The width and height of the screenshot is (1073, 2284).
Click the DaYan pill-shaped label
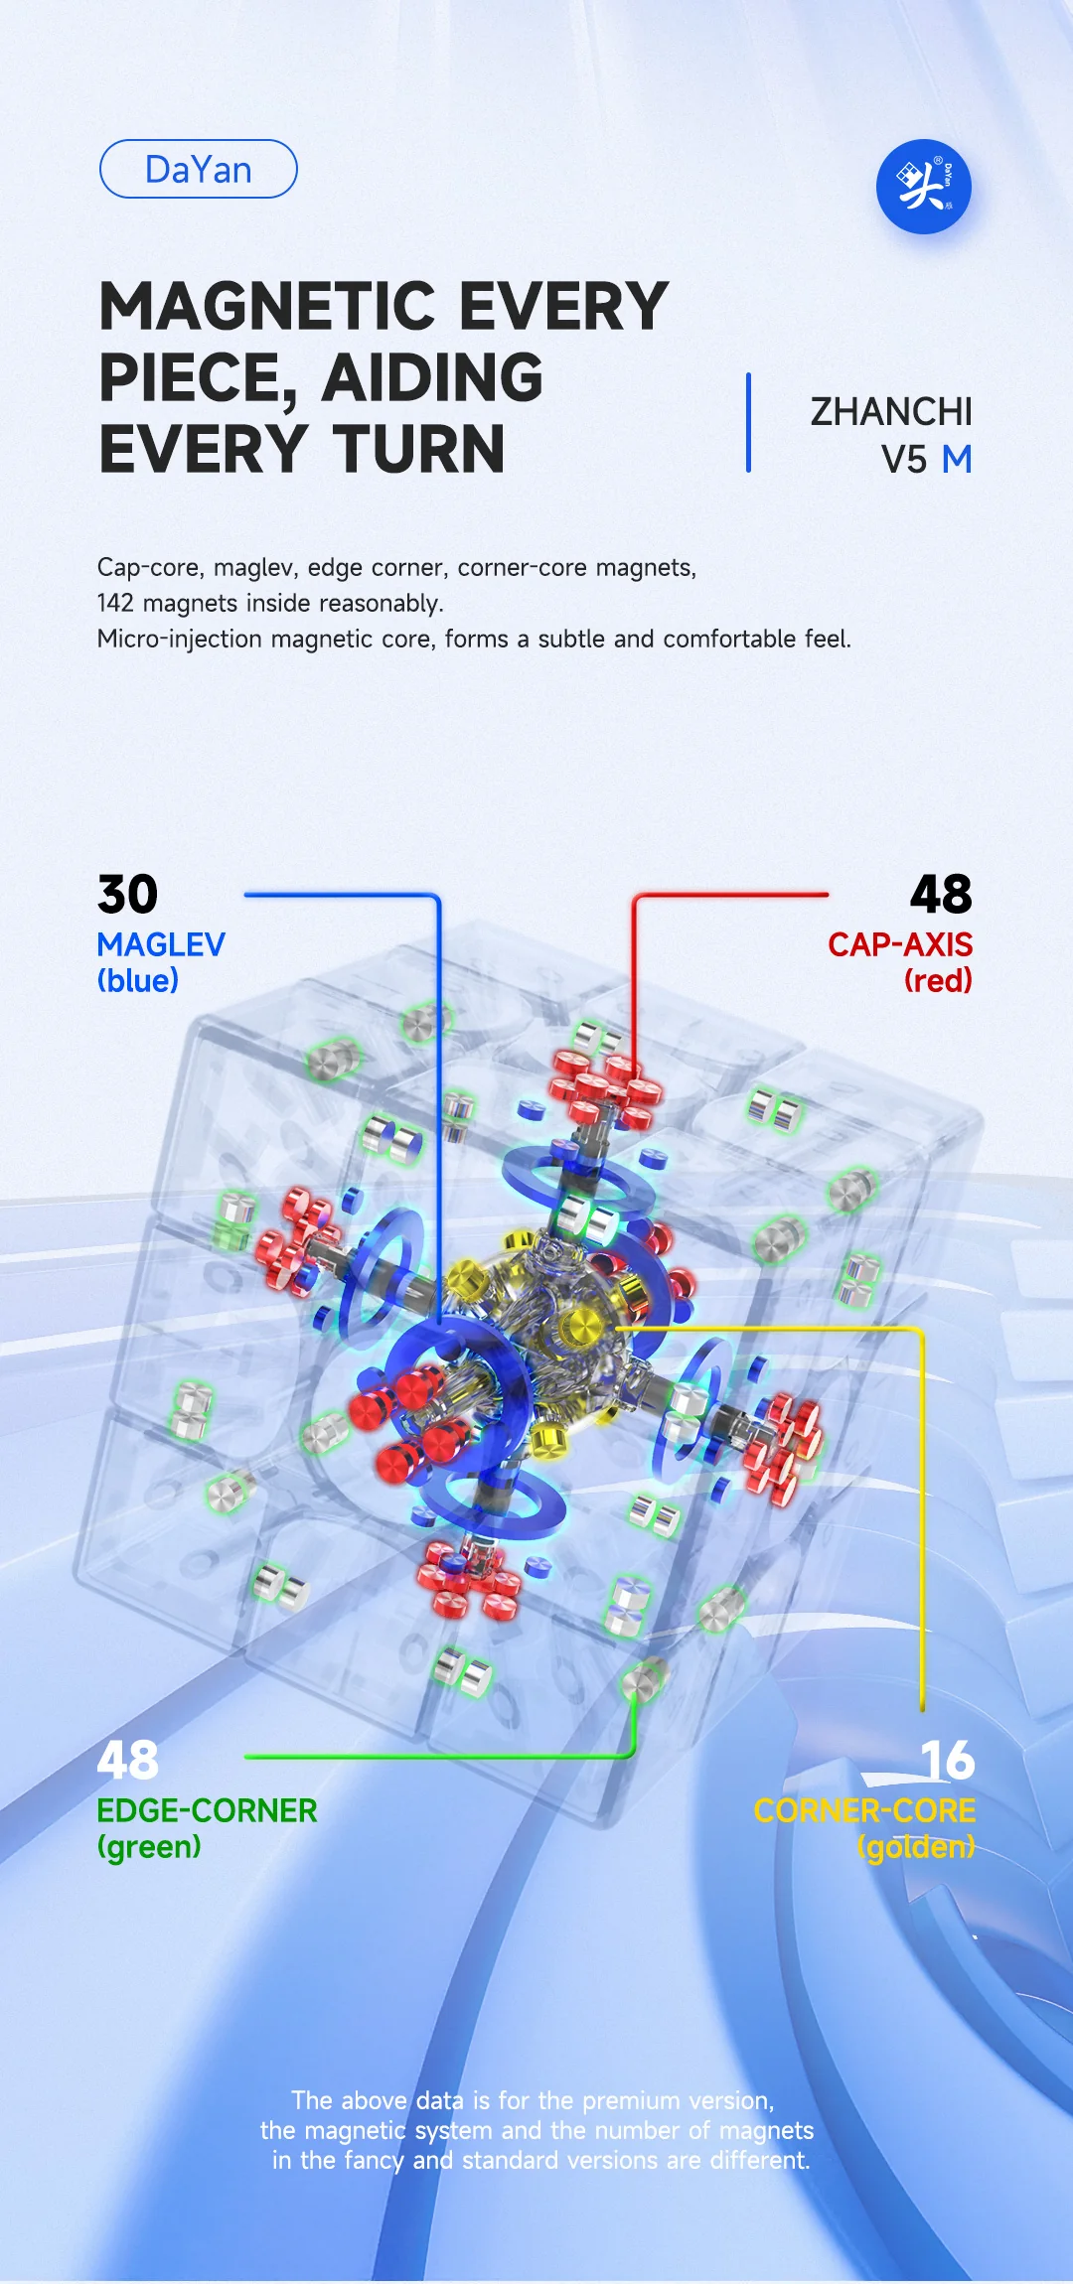pyautogui.click(x=199, y=169)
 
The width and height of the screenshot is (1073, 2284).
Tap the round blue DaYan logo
pyautogui.click(x=923, y=187)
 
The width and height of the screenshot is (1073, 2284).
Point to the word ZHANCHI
pyautogui.click(x=891, y=411)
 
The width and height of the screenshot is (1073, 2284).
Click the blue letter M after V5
pyautogui.click(x=957, y=460)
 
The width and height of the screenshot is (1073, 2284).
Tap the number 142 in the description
pyautogui.click(x=115, y=603)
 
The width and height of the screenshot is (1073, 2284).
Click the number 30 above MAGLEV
pyautogui.click(x=128, y=895)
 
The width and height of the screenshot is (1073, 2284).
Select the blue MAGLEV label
pyautogui.click(x=161, y=944)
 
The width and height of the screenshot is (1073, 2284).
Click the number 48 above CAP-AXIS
pyautogui.click(x=941, y=895)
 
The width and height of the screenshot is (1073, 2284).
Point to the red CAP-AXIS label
pyautogui.click(x=900, y=944)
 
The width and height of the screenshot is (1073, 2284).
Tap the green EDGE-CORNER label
pyautogui.click(x=207, y=1810)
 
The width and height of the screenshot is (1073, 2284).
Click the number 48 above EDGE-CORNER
pyautogui.click(x=128, y=1761)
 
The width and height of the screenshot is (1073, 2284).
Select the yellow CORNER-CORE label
pyautogui.click(x=864, y=1810)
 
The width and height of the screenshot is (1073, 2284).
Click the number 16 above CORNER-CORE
pyautogui.click(x=948, y=1761)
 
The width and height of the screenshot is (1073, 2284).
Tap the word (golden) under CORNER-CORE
pyautogui.click(x=916, y=1847)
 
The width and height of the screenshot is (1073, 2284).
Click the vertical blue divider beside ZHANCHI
pyautogui.click(x=748, y=423)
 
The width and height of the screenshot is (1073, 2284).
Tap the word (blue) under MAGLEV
pyautogui.click(x=138, y=981)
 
